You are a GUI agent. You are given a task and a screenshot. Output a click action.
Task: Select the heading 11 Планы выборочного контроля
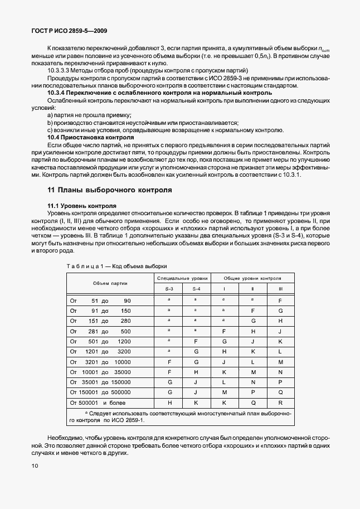point(109,190)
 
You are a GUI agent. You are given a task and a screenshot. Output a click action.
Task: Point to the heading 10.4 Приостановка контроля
point(90,137)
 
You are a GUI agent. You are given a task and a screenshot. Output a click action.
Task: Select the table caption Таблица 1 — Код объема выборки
point(116,266)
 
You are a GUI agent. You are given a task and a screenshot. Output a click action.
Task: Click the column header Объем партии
point(110,283)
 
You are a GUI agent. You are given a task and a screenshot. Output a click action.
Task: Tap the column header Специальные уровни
point(182,277)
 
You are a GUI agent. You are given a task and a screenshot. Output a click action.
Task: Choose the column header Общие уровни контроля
point(252,277)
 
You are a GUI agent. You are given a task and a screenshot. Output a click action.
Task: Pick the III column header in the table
point(280,289)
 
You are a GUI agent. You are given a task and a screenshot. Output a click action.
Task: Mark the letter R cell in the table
point(280,402)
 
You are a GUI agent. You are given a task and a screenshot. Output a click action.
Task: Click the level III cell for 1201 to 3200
point(280,351)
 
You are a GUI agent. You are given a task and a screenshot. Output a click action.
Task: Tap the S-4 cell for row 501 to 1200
point(196,341)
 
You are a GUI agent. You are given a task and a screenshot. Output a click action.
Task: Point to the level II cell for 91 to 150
point(252,311)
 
